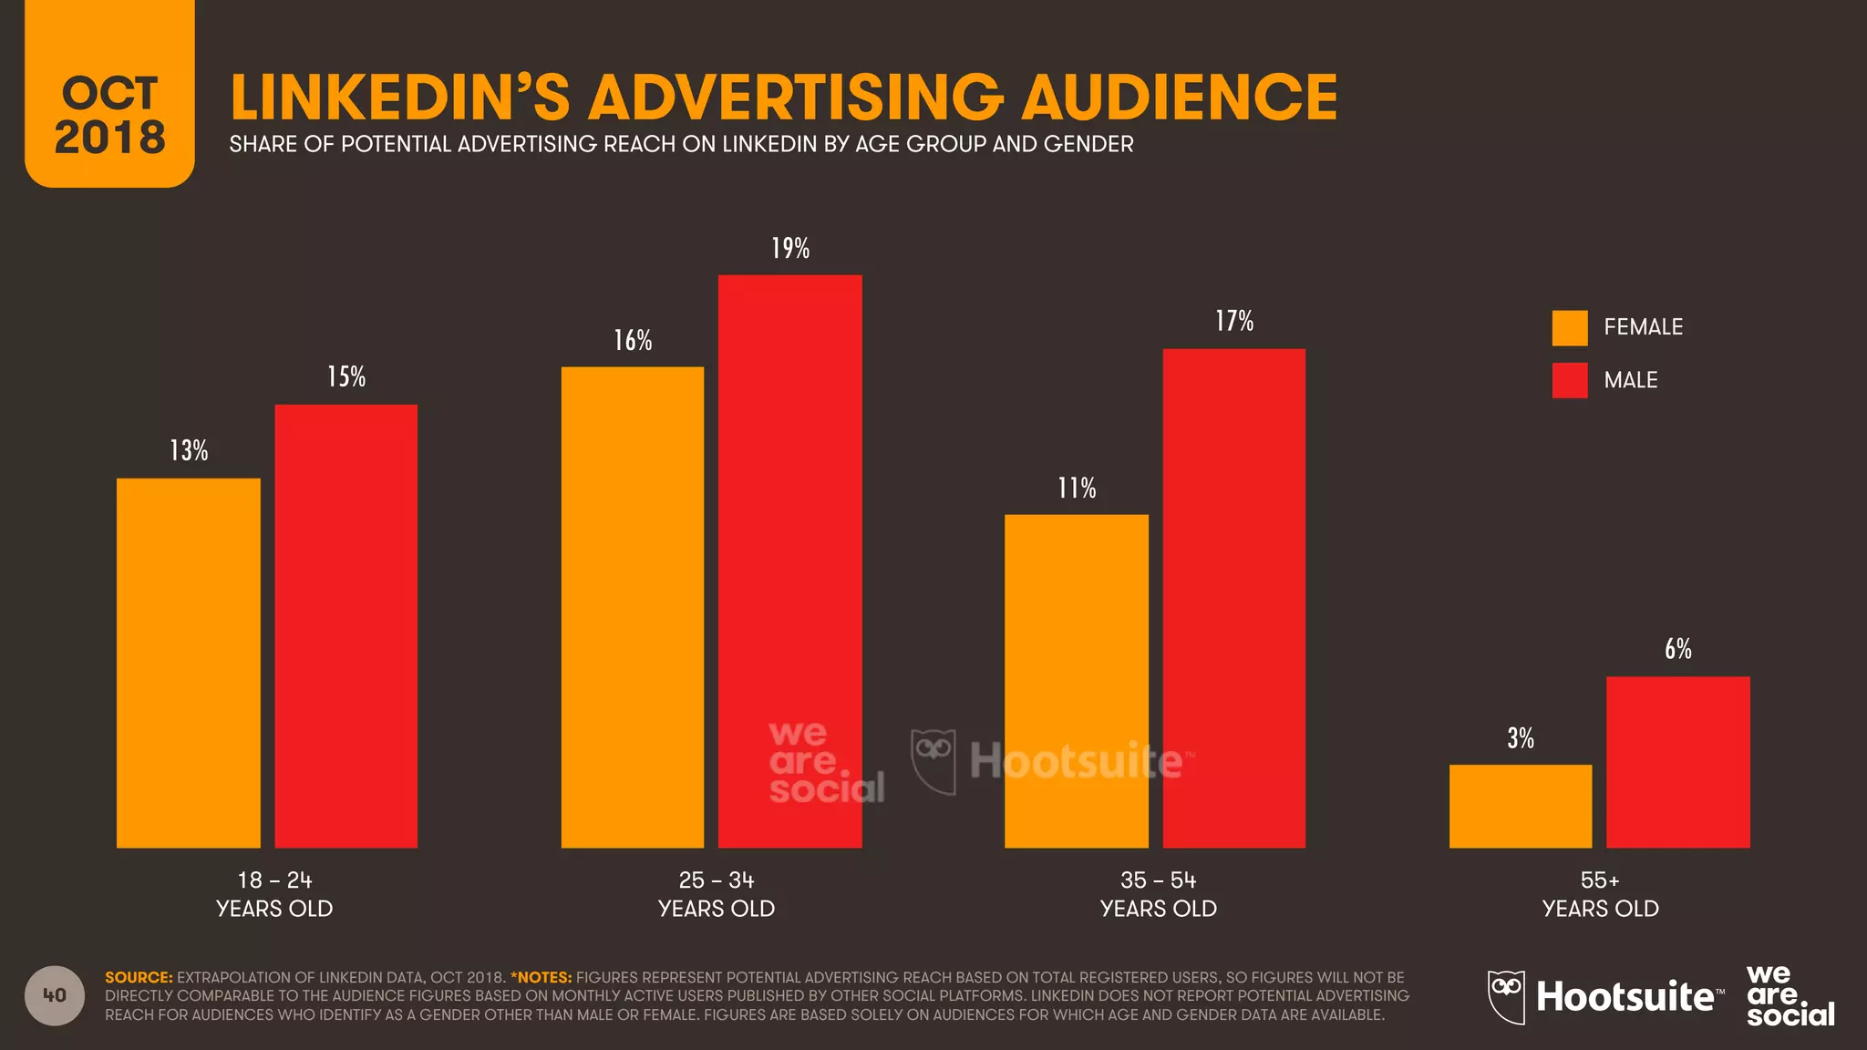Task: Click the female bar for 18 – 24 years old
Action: pyautogui.click(x=188, y=663)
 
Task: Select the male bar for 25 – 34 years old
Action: pyautogui.click(x=789, y=561)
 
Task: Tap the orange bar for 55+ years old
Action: pyautogui.click(x=1521, y=806)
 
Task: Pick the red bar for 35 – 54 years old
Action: pyautogui.click(x=1233, y=598)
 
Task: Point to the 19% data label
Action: pyautogui.click(x=789, y=248)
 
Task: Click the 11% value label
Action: pyautogui.click(x=1076, y=489)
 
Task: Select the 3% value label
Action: pyautogui.click(x=1520, y=738)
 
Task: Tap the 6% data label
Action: pyautogui.click(x=1677, y=649)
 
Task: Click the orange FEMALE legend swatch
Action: pyautogui.click(x=1569, y=327)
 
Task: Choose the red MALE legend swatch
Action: pyautogui.click(x=1569, y=380)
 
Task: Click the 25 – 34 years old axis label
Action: pyautogui.click(x=716, y=894)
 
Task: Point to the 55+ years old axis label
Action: pyautogui.click(x=1600, y=894)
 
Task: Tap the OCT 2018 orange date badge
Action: pyautogui.click(x=109, y=100)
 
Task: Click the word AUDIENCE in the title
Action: pyautogui.click(x=1178, y=98)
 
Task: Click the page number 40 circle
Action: pyautogui.click(x=55, y=995)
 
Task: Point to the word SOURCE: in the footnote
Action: pyautogui.click(x=139, y=977)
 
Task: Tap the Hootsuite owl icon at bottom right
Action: pyautogui.click(x=1506, y=995)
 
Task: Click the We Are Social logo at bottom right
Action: pyautogui.click(x=1788, y=995)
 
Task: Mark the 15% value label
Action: pyautogui.click(x=346, y=377)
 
